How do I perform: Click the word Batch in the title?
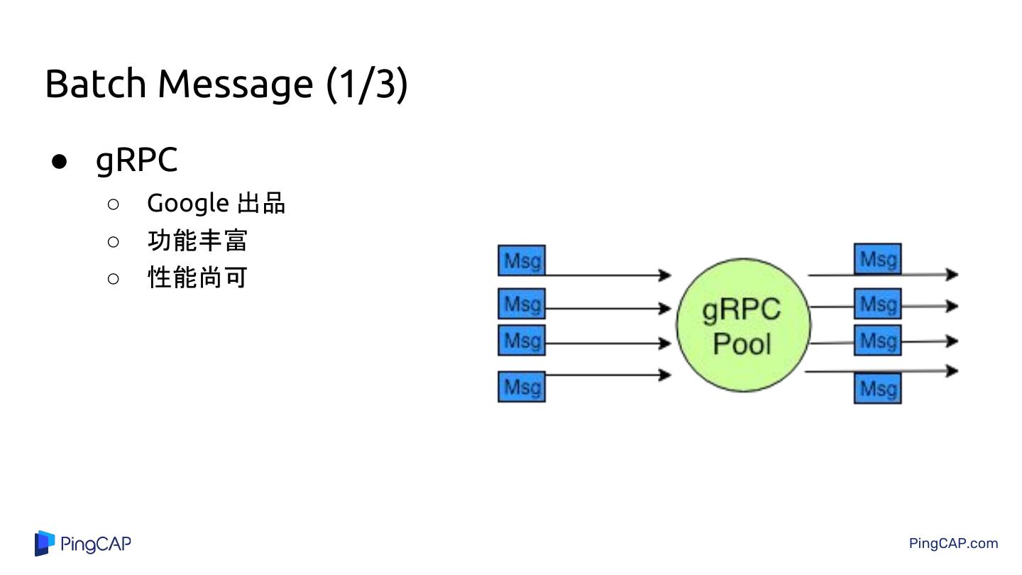tap(95, 84)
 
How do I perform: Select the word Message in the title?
tap(235, 85)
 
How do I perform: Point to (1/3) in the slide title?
tap(367, 84)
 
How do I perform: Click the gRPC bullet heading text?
tap(136, 160)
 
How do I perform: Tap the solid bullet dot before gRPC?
tap(60, 161)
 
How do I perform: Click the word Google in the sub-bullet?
tap(187, 204)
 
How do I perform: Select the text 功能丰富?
tap(197, 241)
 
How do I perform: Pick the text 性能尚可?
tap(197, 278)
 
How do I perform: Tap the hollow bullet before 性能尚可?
tap(114, 278)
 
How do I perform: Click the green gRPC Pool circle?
tap(742, 325)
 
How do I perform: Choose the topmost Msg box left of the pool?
tap(522, 261)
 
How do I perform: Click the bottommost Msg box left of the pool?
tap(522, 387)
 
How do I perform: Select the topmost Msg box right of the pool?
tap(878, 259)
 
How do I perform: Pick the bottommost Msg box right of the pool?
tap(878, 388)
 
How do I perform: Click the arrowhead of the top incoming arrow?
tap(665, 275)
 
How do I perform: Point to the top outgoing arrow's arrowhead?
tap(952, 274)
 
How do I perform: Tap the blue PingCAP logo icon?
tap(45, 543)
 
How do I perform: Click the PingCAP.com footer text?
tap(953, 544)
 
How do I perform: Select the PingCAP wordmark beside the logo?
tap(96, 544)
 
